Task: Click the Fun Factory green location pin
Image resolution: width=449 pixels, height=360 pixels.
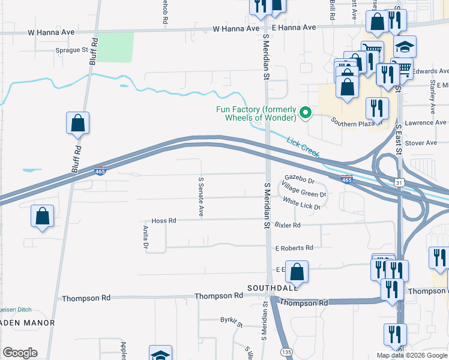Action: (305, 112)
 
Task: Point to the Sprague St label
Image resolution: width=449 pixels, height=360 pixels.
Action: (72, 50)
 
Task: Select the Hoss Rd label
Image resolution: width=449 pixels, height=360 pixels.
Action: (163, 221)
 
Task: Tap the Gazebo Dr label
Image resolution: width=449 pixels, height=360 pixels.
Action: (300, 179)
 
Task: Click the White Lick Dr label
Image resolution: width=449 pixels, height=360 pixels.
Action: (301, 204)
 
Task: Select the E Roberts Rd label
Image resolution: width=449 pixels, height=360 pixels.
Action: (294, 248)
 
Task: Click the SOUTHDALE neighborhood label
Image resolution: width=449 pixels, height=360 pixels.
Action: (272, 288)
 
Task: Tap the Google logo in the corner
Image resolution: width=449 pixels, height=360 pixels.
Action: (20, 353)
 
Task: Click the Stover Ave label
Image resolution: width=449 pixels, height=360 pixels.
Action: (423, 143)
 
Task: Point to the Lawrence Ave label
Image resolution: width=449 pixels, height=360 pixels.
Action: (425, 122)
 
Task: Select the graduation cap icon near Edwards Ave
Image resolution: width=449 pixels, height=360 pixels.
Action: (405, 47)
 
